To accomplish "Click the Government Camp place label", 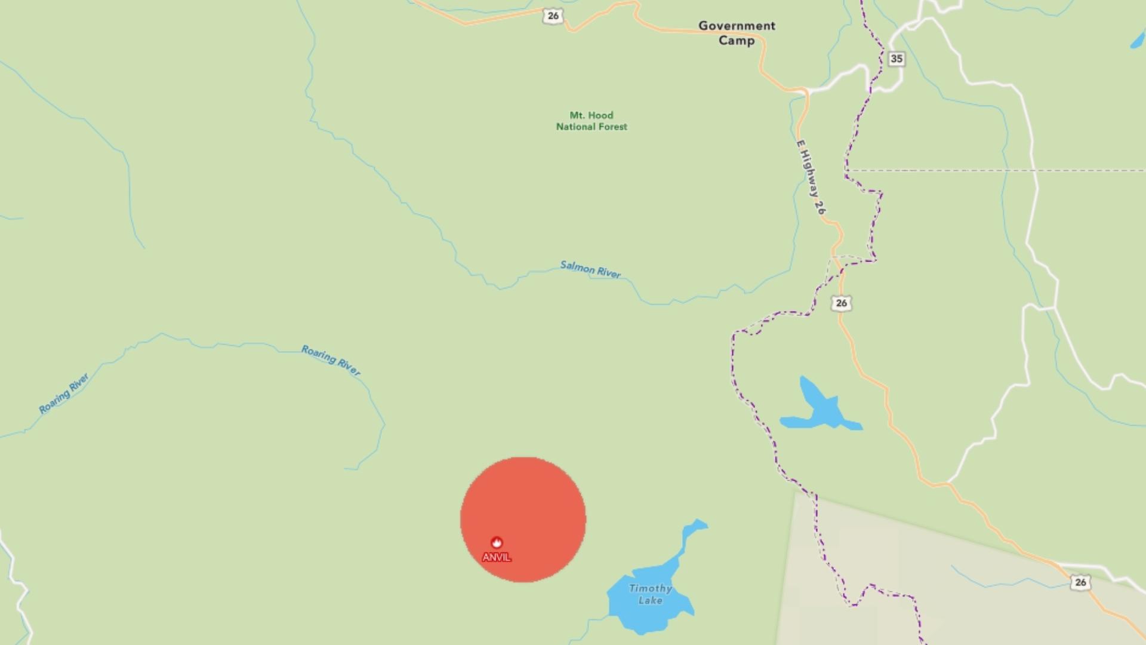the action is tap(737, 33).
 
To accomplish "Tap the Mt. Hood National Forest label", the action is tap(592, 121).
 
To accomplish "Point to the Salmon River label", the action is tap(590, 269).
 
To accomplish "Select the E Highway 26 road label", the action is tap(811, 177).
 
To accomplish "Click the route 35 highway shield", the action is tap(896, 59).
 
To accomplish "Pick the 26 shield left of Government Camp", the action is tap(553, 16).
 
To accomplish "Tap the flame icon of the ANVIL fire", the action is tap(497, 542).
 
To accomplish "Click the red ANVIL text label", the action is tap(497, 557).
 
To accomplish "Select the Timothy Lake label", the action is tap(650, 594).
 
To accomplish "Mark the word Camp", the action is tap(737, 41).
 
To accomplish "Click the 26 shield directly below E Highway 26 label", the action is tap(841, 303).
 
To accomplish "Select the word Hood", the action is tap(600, 115).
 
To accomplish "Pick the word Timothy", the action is tap(650, 588).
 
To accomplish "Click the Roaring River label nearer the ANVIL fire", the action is tap(331, 360).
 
